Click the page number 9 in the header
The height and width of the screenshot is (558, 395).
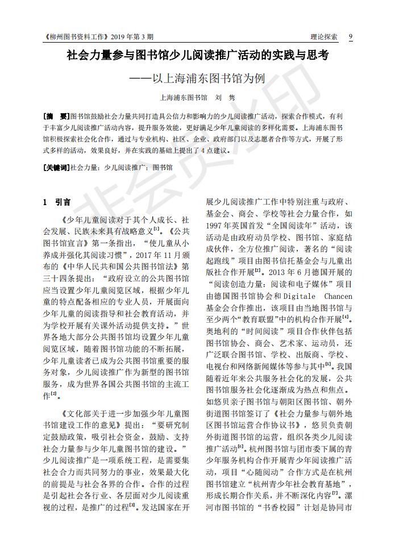(350, 37)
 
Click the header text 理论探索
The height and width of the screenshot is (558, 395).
(324, 37)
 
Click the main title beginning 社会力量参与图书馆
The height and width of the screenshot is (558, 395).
(197, 56)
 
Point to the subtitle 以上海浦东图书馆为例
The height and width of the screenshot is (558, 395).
(209, 78)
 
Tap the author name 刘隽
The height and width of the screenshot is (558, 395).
(227, 98)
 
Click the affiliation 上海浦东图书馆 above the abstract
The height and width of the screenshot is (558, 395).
(184, 98)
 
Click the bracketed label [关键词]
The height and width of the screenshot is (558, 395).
(56, 168)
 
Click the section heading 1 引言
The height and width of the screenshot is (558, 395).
(57, 202)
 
